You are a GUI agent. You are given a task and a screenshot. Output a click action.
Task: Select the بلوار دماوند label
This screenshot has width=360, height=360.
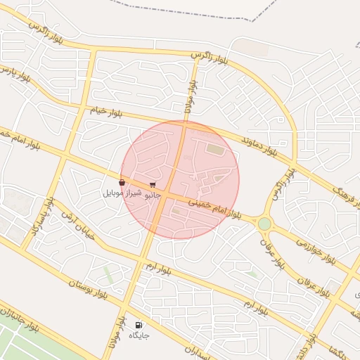coord(259,146)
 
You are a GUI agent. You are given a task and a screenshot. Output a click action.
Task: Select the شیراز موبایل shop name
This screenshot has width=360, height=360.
coord(122,193)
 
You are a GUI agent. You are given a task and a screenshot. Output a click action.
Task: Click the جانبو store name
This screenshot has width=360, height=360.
coord(153,195)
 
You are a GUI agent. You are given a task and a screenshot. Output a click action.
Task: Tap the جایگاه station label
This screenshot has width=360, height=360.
coord(139,335)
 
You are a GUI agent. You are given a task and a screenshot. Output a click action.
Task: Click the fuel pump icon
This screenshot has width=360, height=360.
coord(139,324)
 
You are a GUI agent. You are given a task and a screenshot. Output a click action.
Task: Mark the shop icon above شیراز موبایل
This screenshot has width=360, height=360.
coord(122,183)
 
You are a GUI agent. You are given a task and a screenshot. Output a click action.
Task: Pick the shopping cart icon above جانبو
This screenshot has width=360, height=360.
coord(153,185)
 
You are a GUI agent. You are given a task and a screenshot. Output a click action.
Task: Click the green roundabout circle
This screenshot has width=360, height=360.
coord(264,224)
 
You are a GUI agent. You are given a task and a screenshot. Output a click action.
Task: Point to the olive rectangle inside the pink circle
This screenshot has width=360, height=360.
coord(216,150)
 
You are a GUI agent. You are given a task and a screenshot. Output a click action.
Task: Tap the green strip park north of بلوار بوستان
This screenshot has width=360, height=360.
coord(109,274)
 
